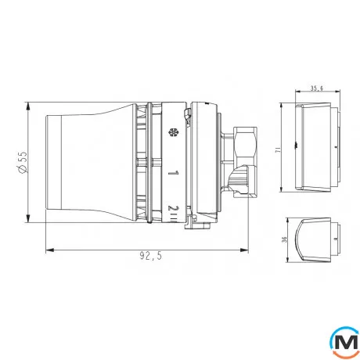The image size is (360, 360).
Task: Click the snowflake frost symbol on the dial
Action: point(171,133)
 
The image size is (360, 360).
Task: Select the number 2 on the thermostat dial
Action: point(172,207)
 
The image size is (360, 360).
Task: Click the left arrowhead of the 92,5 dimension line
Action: point(49,250)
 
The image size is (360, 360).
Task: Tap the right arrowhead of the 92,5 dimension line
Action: point(250,250)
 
